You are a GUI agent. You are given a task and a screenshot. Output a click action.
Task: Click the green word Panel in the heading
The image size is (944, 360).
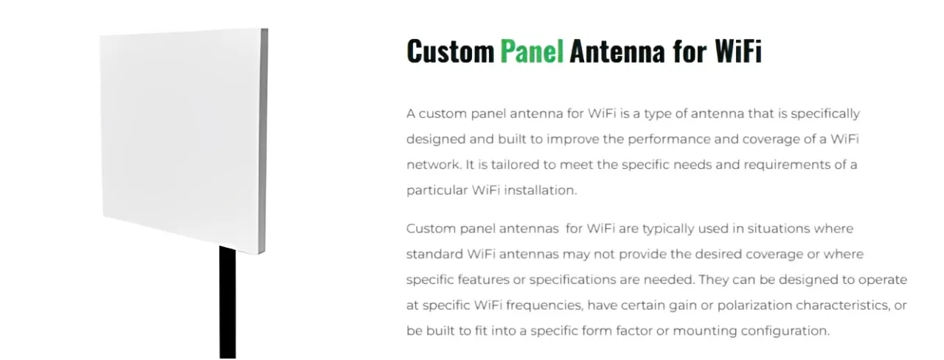pyautogui.click(x=532, y=51)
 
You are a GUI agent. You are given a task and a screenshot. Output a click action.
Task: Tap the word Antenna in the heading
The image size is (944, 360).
pyautogui.click(x=617, y=51)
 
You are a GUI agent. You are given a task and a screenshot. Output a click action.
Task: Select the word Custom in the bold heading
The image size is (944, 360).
pyautogui.click(x=451, y=51)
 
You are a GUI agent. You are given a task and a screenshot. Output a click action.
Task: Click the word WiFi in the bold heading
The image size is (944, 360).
pyautogui.click(x=738, y=51)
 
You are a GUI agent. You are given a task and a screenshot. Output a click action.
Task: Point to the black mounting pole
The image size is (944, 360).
pyautogui.click(x=228, y=302)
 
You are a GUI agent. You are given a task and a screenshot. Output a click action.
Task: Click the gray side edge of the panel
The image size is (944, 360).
pyautogui.click(x=264, y=141)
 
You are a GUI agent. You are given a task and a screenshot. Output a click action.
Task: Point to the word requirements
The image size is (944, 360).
pyautogui.click(x=787, y=165)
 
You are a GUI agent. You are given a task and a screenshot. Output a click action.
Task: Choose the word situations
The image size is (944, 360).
pyautogui.click(x=779, y=229)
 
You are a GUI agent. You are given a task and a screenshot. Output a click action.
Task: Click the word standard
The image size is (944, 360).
pyautogui.click(x=434, y=255)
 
